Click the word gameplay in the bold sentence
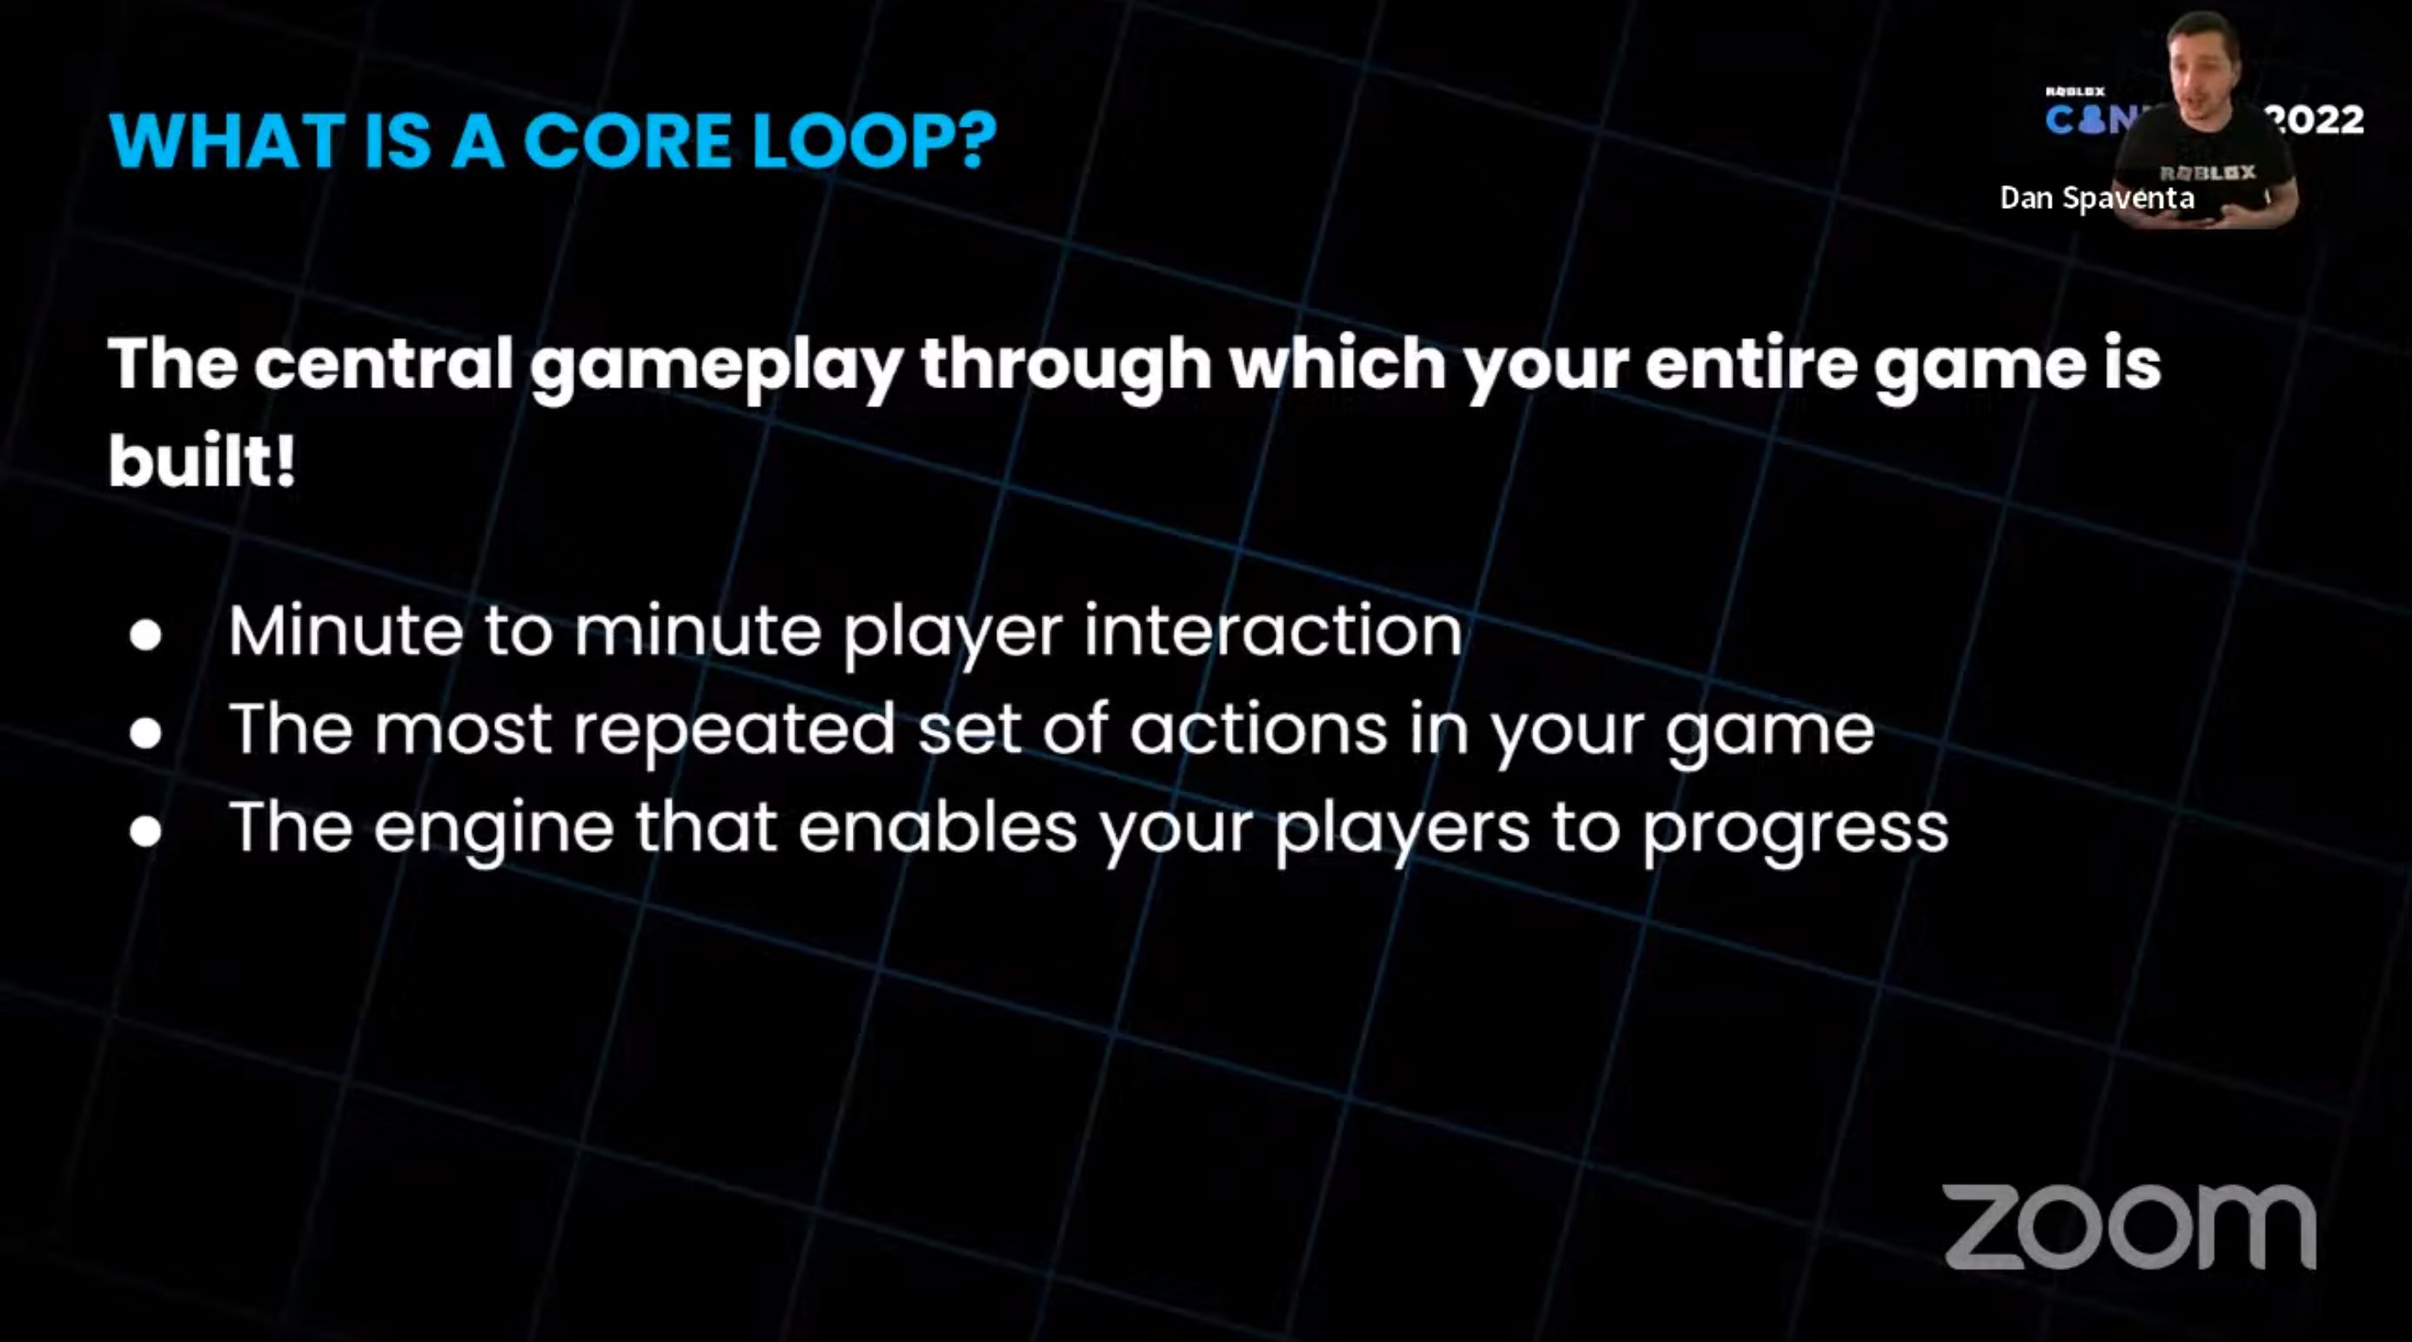[715, 366]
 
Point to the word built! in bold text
[201, 460]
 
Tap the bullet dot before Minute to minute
[146, 635]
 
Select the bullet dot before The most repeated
[146, 734]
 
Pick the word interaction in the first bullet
[1273, 630]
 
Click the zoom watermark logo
[2129, 1226]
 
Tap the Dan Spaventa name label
[2096, 198]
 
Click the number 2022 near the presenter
[2315, 120]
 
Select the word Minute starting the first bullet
[345, 630]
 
